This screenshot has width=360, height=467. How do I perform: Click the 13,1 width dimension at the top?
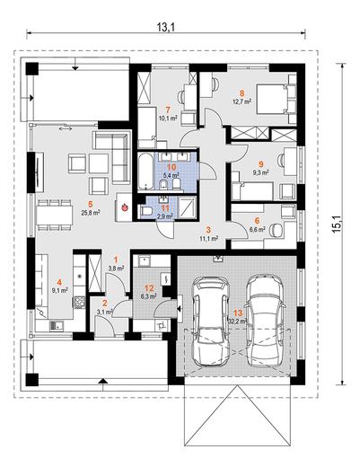coord(165,27)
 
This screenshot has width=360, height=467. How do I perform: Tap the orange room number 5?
coord(91,204)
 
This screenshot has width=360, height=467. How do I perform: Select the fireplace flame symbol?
coord(125,207)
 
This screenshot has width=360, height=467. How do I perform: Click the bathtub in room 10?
coord(145,172)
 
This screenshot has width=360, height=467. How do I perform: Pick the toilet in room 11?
coord(146,211)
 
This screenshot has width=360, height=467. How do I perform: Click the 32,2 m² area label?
coord(238,322)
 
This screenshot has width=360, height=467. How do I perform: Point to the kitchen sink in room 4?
coord(57,325)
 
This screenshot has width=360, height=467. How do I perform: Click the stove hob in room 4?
coord(79,302)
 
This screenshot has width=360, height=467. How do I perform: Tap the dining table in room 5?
coord(55,216)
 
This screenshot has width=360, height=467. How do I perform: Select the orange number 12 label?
coord(149,288)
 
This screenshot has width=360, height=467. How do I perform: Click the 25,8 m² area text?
coord(91,213)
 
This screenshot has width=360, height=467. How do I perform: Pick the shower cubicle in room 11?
coord(187,207)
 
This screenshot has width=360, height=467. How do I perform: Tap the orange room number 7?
coord(168,110)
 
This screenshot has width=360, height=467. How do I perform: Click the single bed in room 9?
coord(252,191)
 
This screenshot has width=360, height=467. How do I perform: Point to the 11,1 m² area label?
coord(208,239)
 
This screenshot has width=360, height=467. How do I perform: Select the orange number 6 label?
coord(257,221)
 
